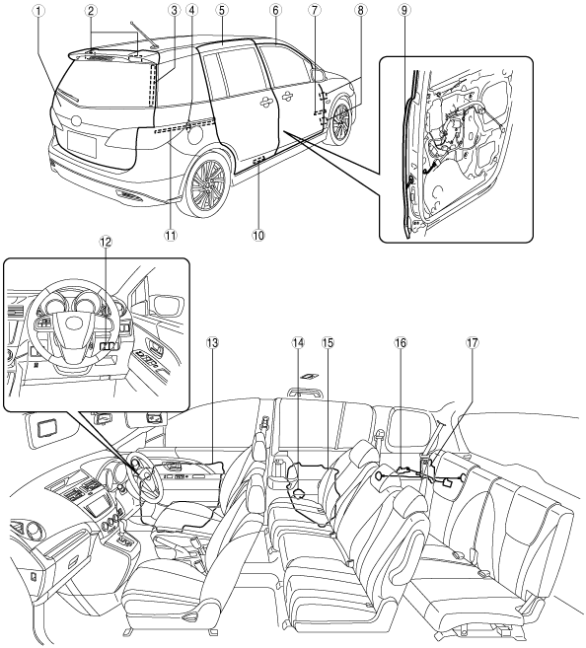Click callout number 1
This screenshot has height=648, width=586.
tap(38, 11)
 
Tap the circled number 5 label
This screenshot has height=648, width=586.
tap(222, 11)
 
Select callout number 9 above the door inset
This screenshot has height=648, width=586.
tap(404, 11)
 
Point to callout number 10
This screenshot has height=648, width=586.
tap(258, 235)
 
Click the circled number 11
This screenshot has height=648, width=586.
tap(171, 235)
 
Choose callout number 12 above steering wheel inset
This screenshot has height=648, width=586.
tap(106, 242)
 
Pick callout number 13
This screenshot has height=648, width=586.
tap(212, 342)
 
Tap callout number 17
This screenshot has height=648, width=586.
tap(472, 342)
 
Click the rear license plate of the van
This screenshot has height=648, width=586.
tap(82, 145)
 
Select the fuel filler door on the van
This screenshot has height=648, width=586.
tap(194, 133)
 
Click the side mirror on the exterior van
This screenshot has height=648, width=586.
tap(318, 74)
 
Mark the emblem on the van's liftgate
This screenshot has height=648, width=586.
tap(76, 120)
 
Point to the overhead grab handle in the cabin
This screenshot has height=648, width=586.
tap(305, 391)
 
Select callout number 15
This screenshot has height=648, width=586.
tap(328, 342)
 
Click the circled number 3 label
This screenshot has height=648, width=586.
tap(174, 11)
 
